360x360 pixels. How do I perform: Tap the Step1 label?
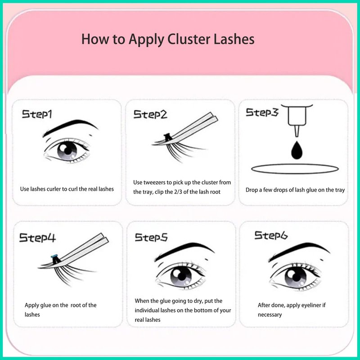click(x=37, y=114)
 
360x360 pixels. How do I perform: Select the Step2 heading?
click(x=150, y=114)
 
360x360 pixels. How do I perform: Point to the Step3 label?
click(x=262, y=112)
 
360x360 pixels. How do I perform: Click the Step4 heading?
click(x=37, y=238)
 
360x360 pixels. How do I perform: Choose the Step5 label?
click(x=151, y=237)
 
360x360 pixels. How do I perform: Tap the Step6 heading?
click(x=271, y=235)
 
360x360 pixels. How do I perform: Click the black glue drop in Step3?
click(x=297, y=150)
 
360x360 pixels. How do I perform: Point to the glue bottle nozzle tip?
click(x=297, y=135)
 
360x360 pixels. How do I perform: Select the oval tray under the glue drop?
click(x=295, y=169)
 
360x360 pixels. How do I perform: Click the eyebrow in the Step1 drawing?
click(x=70, y=127)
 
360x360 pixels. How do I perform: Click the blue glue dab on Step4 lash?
click(x=54, y=256)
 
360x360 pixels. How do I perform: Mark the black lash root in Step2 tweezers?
click(x=167, y=137)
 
